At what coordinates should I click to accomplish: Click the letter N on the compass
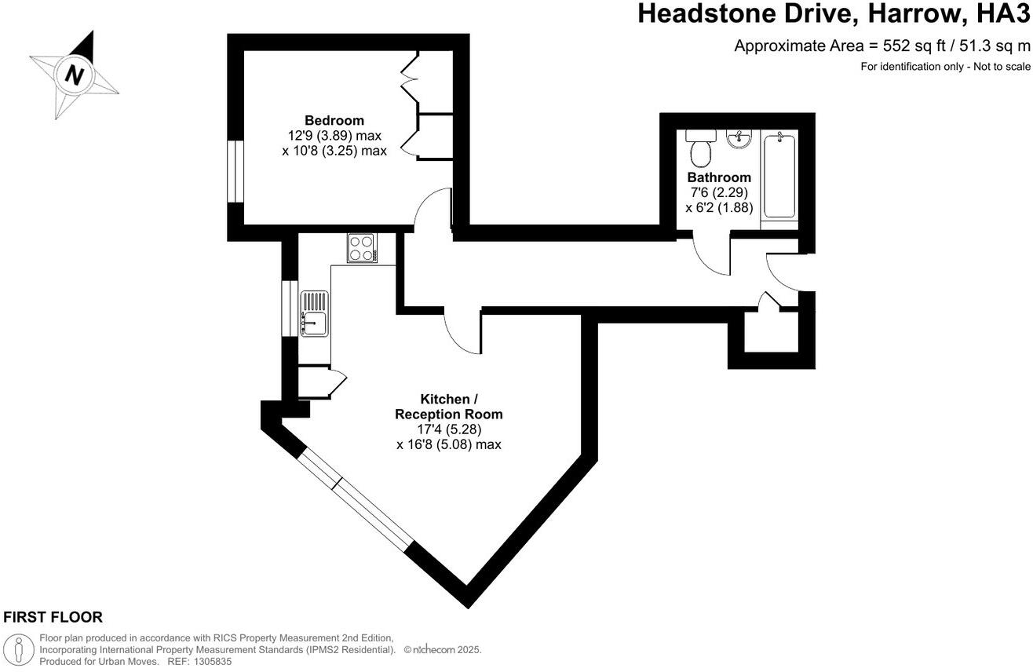(x=75, y=75)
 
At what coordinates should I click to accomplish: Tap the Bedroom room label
(x=334, y=120)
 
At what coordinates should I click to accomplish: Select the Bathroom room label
(x=719, y=177)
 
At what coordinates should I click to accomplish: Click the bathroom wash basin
(x=739, y=139)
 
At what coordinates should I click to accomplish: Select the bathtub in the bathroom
(x=779, y=176)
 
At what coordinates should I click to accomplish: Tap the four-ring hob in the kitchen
(x=361, y=249)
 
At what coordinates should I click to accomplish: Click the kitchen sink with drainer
(x=315, y=312)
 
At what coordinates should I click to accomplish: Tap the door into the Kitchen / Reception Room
(x=462, y=332)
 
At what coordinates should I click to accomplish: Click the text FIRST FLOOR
(x=53, y=618)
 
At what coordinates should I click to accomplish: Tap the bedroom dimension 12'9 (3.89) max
(x=334, y=136)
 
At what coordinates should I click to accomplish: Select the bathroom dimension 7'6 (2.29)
(x=719, y=193)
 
